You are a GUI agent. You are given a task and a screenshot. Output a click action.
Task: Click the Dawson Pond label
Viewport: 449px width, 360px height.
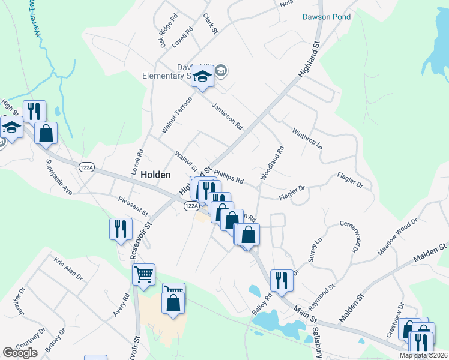[327, 17]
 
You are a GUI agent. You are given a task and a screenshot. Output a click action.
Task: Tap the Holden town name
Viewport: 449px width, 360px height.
[155, 175]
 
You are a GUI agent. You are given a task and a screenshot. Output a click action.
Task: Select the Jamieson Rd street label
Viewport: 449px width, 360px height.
[228, 116]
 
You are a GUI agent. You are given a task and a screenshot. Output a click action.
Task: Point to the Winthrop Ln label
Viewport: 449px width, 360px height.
[307, 139]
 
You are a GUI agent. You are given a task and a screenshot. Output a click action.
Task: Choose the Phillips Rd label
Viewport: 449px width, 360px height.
[228, 176]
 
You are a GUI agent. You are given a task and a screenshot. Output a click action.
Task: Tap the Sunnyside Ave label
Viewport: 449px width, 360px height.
[59, 177]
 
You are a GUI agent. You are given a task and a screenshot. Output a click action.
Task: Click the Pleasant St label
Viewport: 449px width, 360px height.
[133, 205]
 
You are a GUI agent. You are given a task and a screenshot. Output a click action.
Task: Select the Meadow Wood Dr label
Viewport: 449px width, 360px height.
[397, 237]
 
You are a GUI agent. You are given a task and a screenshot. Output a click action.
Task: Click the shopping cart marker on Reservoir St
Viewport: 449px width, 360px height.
[143, 275]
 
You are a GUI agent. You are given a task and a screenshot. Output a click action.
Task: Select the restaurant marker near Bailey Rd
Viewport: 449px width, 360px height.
[281, 279]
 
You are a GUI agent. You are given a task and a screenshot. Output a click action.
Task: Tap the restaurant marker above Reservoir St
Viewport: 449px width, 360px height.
[121, 228]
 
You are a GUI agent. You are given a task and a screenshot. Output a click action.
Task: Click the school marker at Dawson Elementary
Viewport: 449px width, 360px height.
[203, 77]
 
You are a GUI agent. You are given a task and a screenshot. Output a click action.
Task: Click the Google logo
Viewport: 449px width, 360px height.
[21, 352]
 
